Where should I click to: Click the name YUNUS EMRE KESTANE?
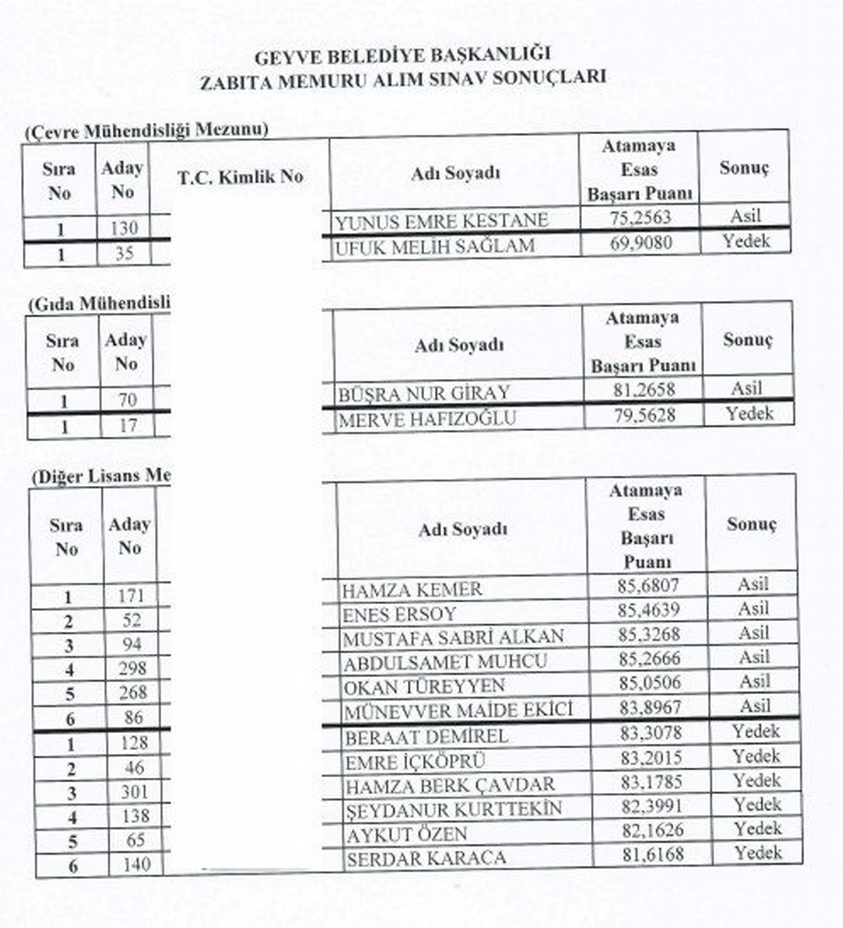[x=441, y=222]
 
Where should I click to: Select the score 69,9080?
[x=640, y=243]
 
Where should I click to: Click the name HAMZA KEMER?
[x=411, y=590]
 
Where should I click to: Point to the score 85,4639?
[x=647, y=609]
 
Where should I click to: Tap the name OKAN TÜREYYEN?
[x=423, y=685]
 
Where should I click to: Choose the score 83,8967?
[x=647, y=707]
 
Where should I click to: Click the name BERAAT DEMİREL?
[x=426, y=736]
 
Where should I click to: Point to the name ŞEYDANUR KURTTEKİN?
[x=454, y=810]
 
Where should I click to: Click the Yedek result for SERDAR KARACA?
[x=757, y=853]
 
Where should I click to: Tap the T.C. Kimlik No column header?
[x=240, y=177]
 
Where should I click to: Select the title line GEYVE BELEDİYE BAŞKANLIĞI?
[x=402, y=57]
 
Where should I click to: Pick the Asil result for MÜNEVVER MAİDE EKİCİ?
[x=754, y=706]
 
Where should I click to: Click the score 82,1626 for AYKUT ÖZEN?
[x=648, y=829]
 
